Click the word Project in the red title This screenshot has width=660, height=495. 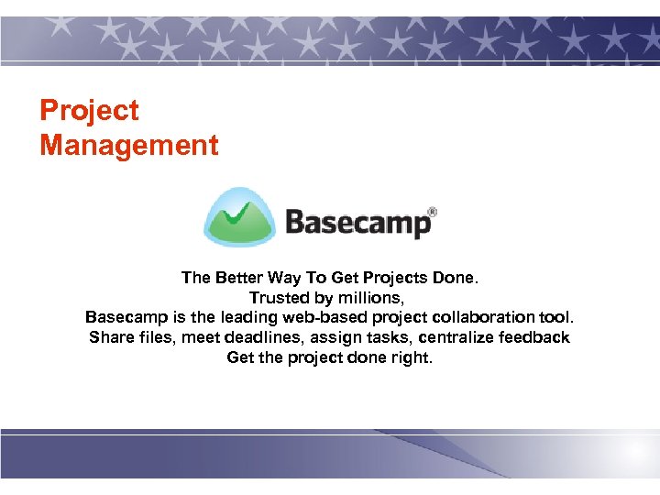89,111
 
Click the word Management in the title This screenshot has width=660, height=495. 129,145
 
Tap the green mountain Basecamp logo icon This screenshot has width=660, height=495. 239,217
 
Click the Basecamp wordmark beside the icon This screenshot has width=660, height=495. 357,223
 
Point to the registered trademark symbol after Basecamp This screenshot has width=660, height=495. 432,212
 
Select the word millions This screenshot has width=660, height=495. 371,298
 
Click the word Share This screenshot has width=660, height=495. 110,337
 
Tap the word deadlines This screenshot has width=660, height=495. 268,337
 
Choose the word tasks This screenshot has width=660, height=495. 388,337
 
